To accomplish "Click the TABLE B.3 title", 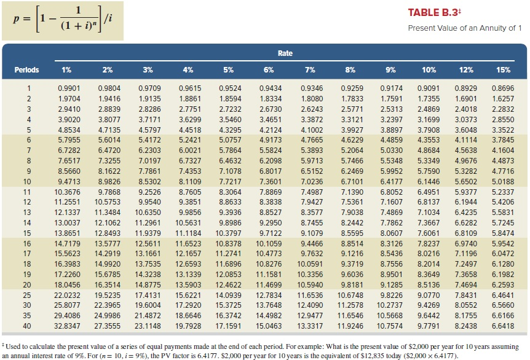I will click(431, 14).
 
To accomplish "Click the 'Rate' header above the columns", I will click(285, 53).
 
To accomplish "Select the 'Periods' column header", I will click(28, 69).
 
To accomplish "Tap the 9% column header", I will click(390, 69).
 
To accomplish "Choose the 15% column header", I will click(503, 69).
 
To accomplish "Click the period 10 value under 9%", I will click(391, 182).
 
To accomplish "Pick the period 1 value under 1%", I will click(68, 88).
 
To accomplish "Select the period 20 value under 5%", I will click(228, 284).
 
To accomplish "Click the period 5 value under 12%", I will click(465, 130).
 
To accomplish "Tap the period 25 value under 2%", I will click(107, 295).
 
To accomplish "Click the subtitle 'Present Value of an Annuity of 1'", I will click(464, 29).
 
